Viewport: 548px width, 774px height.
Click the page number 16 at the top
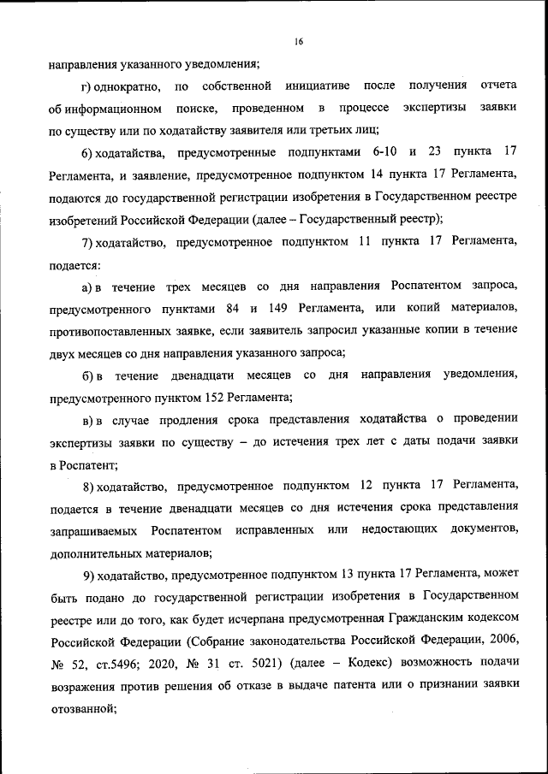[298, 40]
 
